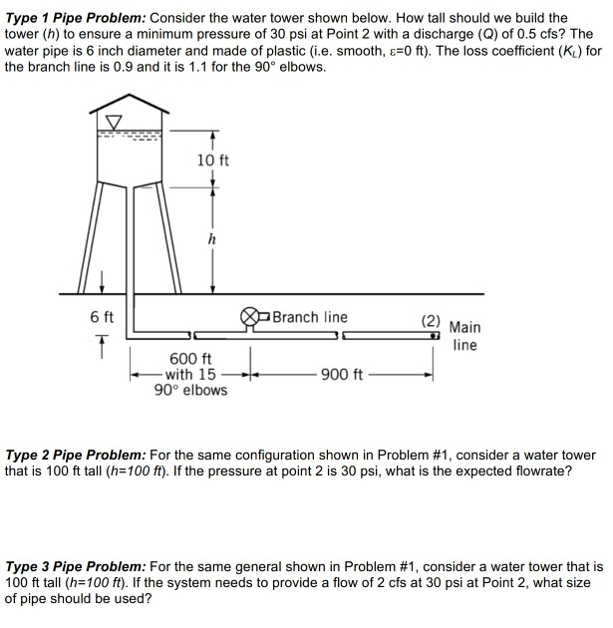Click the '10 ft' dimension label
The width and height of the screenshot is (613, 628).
point(213,160)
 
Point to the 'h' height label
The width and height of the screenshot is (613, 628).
point(211,238)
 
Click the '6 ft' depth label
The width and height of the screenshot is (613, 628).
point(102,317)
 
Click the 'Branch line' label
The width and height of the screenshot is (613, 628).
point(310,317)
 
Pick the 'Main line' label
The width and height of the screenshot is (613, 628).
point(463,336)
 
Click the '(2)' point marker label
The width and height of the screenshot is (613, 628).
point(430,321)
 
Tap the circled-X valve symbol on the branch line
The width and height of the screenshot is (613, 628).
point(249,319)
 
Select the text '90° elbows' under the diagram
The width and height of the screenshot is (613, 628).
point(190,390)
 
